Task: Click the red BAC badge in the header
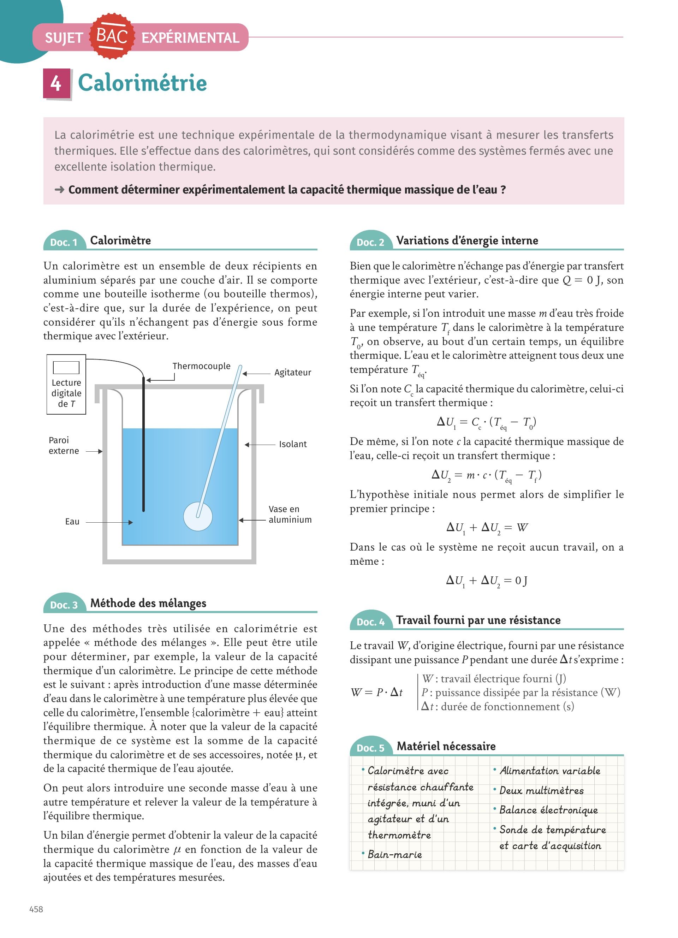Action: (112, 36)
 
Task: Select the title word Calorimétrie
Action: (142, 83)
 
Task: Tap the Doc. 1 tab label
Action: (64, 242)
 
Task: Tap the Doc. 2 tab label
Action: (370, 242)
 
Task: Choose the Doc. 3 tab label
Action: (64, 605)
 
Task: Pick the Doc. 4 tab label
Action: (370, 622)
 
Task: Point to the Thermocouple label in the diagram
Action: (201, 366)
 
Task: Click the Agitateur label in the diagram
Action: (293, 373)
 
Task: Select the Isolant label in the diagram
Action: (293, 444)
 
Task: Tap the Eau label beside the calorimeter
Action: (72, 522)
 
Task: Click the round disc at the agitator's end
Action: (198, 516)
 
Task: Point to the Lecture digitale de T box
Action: (66, 385)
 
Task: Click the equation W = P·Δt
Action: (377, 692)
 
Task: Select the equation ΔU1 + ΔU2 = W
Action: (487, 528)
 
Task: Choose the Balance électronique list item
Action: (548, 810)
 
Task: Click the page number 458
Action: (36, 909)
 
